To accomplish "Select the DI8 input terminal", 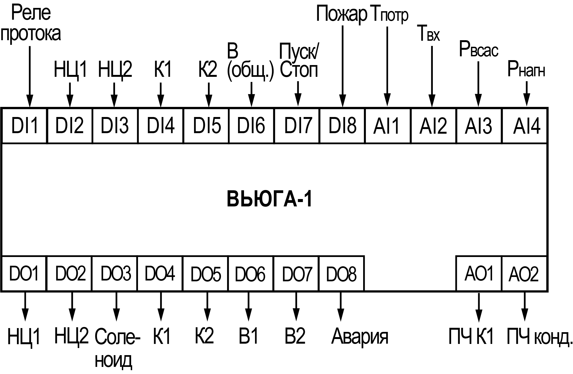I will pyautogui.click(x=342, y=125).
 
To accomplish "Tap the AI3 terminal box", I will pyautogui.click(x=479, y=125).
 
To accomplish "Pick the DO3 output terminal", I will pyautogui.click(x=115, y=273).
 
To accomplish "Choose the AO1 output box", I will pyautogui.click(x=479, y=273).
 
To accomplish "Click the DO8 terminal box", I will pyautogui.click(x=342, y=273).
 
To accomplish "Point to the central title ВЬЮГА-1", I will pyautogui.click(x=269, y=200).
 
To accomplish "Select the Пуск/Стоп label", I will pyautogui.click(x=299, y=63).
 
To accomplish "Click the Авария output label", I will pyautogui.click(x=360, y=336).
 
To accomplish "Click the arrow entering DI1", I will pyautogui.click(x=30, y=77).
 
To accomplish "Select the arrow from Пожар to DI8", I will pyautogui.click(x=342, y=66).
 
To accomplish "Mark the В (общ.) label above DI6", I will pyautogui.click(x=250, y=63).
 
